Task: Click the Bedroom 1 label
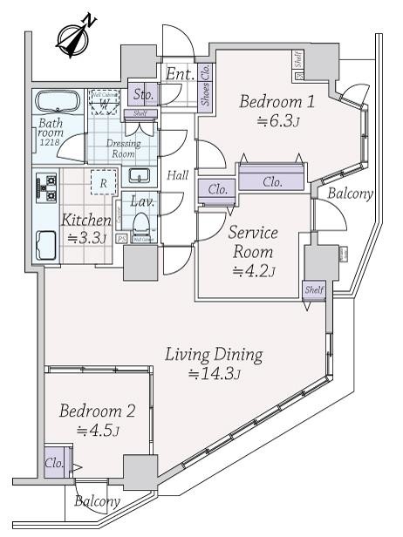pyautogui.click(x=277, y=102)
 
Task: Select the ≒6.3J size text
pyautogui.click(x=278, y=122)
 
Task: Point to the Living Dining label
pyautogui.click(x=214, y=355)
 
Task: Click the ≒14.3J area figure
pyautogui.click(x=214, y=375)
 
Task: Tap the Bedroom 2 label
pyautogui.click(x=97, y=411)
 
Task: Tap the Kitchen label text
pyautogui.click(x=86, y=221)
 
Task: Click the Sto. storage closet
pyautogui.click(x=142, y=94)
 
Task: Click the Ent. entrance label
pyautogui.click(x=181, y=74)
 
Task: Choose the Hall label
pyautogui.click(x=179, y=175)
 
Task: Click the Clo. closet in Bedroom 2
pyautogui.click(x=53, y=464)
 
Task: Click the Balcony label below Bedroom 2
pyautogui.click(x=97, y=501)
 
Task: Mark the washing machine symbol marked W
pyautogui.click(x=106, y=101)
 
